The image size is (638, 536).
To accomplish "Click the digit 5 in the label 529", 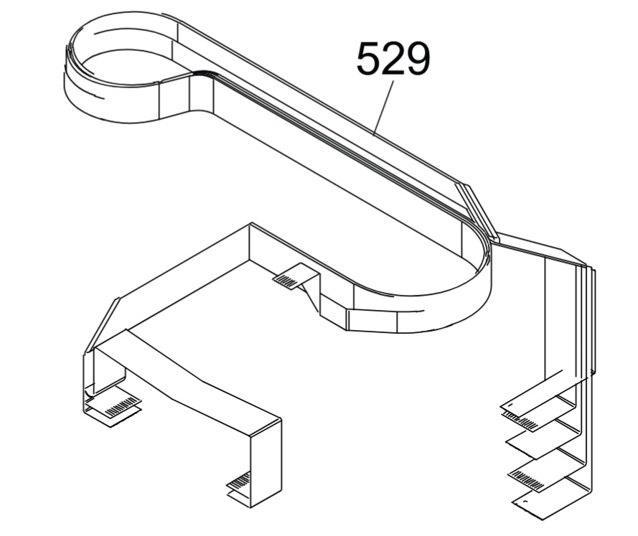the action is (x=369, y=59).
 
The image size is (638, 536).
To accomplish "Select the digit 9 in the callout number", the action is (x=417, y=59).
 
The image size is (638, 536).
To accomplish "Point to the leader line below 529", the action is (x=384, y=108).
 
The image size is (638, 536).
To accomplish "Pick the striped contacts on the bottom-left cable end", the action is (x=120, y=407).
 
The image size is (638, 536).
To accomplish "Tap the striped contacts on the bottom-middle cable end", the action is (x=238, y=480).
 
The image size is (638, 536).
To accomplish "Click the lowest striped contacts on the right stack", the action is (x=527, y=480).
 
